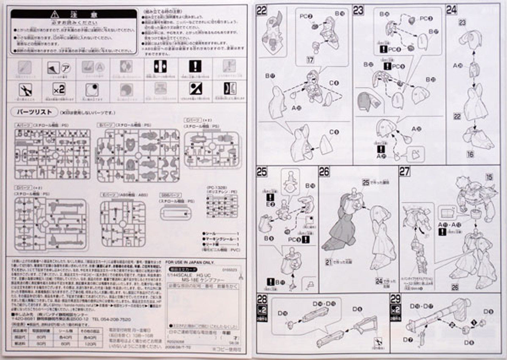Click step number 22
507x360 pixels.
point(261,11)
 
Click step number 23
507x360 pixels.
point(358,11)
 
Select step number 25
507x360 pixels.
point(261,171)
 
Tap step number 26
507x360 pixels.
point(324,171)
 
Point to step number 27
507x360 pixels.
point(404,171)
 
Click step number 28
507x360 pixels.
point(261,299)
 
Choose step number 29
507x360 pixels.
point(395,299)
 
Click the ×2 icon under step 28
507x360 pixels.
point(261,309)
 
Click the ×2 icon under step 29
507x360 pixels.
point(395,309)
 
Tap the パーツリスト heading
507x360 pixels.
point(34,112)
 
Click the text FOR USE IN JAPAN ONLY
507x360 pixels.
point(189,262)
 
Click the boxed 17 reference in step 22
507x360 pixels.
point(310,61)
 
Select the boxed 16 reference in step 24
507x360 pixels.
point(470,154)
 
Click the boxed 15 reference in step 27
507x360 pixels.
point(490,177)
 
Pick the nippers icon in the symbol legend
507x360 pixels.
point(25,90)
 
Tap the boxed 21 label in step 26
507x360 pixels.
point(328,262)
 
